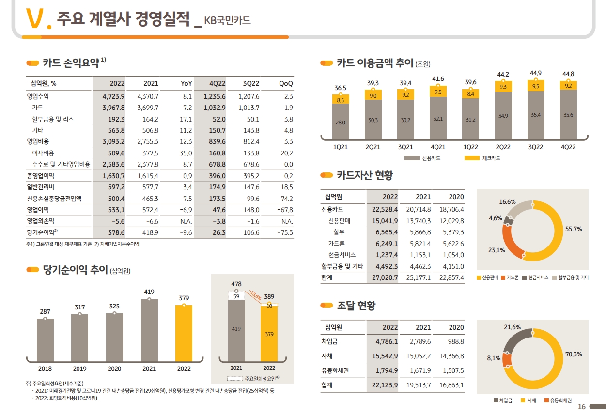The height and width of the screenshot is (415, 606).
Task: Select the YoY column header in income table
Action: pyautogui.click(x=186, y=83)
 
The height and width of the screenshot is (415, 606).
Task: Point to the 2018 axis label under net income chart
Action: pyautogui.click(x=45, y=369)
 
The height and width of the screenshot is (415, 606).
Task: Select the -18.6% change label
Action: pyautogui.click(x=255, y=293)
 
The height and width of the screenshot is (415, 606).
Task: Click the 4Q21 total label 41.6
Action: pyautogui.click(x=438, y=78)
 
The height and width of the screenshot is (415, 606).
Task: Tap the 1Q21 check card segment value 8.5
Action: pyautogui.click(x=340, y=100)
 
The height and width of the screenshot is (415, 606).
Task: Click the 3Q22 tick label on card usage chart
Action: pyautogui.click(x=535, y=147)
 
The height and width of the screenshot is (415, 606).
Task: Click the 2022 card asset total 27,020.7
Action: pyautogui.click(x=384, y=278)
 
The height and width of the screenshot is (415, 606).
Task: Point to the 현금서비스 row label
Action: pyautogui.click(x=342, y=255)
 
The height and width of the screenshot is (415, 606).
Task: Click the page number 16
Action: pyautogui.click(x=582, y=406)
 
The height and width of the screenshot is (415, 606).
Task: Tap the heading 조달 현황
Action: pyautogui.click(x=356, y=306)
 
